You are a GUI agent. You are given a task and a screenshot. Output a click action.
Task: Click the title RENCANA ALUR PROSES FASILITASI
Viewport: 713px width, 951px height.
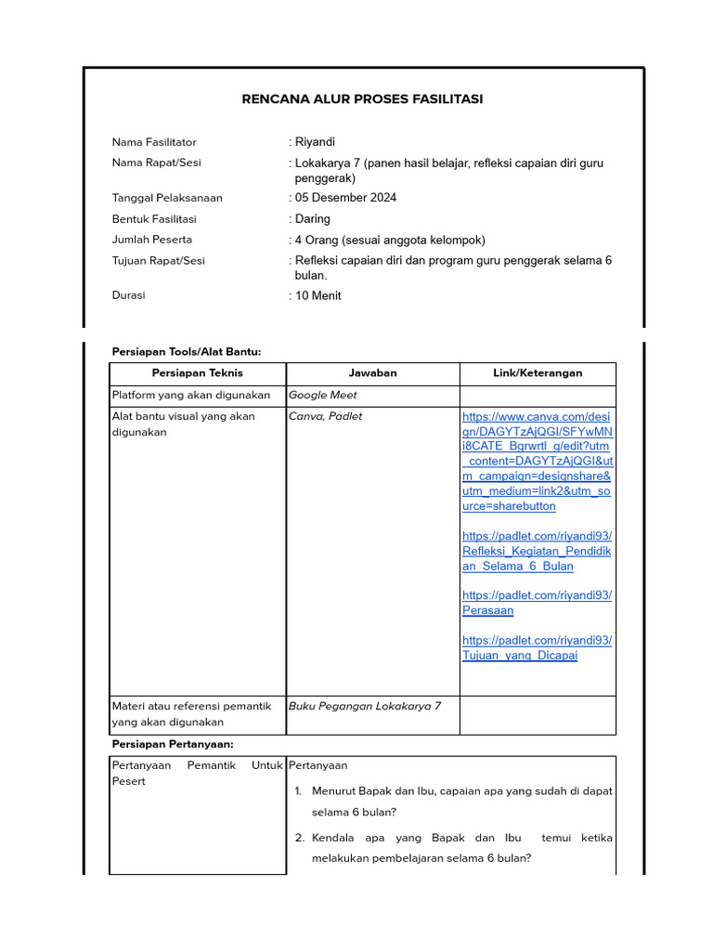[x=362, y=99]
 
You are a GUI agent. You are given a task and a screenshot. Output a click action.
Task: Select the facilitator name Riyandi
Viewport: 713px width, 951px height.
[x=315, y=142]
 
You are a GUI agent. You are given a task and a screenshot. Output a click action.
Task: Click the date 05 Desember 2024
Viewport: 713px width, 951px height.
[x=345, y=198]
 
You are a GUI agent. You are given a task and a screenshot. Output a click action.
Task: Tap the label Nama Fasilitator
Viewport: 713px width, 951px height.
[x=154, y=142]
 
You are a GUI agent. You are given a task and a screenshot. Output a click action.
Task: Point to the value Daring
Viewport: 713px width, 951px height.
[x=313, y=219]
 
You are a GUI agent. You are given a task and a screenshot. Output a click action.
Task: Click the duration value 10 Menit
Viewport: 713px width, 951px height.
[x=318, y=295]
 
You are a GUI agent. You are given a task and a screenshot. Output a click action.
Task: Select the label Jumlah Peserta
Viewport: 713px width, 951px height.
[x=152, y=240]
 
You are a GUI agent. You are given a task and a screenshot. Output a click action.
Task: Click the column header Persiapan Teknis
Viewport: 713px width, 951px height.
[x=198, y=373]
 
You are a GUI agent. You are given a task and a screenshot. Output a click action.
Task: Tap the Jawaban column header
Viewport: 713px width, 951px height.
[x=372, y=373]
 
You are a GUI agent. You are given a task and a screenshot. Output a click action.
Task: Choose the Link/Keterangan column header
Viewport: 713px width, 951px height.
[x=538, y=373]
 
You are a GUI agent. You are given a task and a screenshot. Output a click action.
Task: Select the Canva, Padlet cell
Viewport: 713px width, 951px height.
[x=326, y=416]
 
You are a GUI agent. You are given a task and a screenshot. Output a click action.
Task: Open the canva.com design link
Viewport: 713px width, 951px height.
[x=537, y=462]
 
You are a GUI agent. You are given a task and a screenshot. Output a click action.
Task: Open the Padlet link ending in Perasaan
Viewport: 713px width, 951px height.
[x=537, y=603]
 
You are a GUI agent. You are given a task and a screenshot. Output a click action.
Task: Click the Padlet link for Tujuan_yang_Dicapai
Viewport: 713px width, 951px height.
[x=537, y=647]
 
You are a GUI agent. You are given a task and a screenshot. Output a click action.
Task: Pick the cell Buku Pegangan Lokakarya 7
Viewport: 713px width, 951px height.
[x=365, y=706]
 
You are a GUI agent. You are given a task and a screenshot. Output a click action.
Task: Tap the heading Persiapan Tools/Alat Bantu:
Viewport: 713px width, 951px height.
[x=187, y=351]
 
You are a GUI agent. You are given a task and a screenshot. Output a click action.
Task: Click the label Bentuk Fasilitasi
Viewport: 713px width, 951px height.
[x=154, y=219]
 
